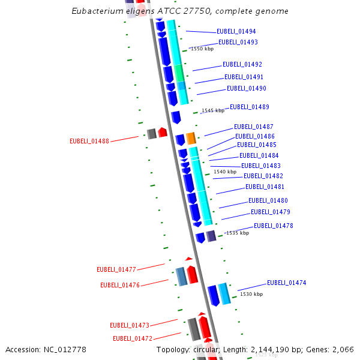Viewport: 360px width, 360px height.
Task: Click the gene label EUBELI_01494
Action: coord(236,31)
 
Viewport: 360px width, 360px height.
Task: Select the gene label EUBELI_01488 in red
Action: coord(89,142)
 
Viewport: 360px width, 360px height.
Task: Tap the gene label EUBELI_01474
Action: coord(286,283)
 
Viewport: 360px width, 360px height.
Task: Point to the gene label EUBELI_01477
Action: coord(116,270)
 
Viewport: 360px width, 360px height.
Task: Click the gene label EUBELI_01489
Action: coord(249,107)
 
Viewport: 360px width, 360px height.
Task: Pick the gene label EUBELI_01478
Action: coord(273,226)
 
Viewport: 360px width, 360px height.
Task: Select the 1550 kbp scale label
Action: coord(202,49)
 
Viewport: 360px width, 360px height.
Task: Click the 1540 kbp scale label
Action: coord(225,172)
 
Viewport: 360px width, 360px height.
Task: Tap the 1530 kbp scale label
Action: coord(251,294)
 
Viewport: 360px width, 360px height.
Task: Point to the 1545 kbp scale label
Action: coord(213,110)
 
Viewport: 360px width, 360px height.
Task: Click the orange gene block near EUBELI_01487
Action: coord(191,138)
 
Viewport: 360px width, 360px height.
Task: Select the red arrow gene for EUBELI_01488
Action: coord(163,132)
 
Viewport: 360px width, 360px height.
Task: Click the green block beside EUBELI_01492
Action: coord(179,73)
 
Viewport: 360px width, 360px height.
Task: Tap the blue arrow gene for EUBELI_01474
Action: coord(213,295)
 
